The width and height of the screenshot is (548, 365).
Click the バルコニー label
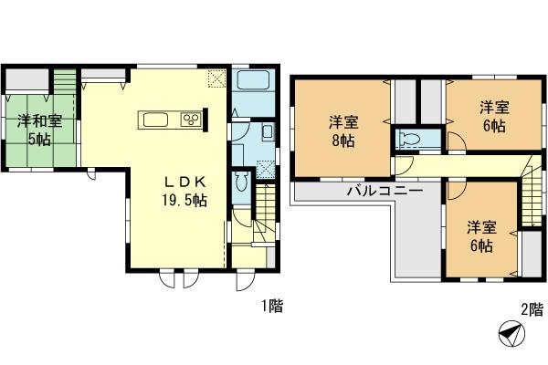[383, 192]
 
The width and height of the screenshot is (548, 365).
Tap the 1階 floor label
[269, 308]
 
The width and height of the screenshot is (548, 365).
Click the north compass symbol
[509, 336]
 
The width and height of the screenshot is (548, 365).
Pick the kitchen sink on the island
[153, 119]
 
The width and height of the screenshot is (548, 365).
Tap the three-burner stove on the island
[192, 119]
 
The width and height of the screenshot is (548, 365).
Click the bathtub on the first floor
[251, 80]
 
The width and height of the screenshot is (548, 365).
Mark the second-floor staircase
[532, 195]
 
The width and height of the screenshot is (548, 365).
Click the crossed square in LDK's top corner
[216, 78]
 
